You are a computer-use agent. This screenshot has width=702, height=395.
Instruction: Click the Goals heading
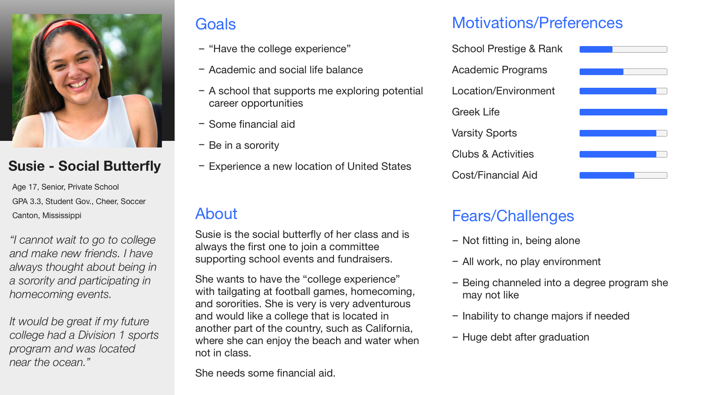[x=215, y=25]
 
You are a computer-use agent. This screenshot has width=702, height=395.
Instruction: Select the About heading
[x=216, y=214]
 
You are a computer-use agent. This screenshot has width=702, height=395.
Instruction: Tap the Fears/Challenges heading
[x=513, y=216]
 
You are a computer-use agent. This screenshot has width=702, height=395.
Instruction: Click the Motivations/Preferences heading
[x=537, y=23]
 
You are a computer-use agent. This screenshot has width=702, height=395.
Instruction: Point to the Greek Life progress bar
[x=623, y=112]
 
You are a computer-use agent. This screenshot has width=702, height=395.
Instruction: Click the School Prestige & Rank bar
[x=623, y=49]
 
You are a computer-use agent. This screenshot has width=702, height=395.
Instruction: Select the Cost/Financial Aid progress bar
[x=623, y=175]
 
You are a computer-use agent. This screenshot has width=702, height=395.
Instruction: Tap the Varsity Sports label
[x=484, y=133]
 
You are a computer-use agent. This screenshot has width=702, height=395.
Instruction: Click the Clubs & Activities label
[x=493, y=154]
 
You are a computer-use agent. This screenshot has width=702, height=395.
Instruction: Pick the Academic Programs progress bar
[x=623, y=72]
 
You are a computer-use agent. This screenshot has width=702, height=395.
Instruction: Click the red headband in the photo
[x=71, y=27]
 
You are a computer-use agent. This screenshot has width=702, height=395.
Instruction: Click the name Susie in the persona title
[x=27, y=166]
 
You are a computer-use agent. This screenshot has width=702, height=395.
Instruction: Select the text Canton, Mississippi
[x=47, y=215]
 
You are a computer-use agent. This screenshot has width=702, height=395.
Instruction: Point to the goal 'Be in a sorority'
[x=244, y=145]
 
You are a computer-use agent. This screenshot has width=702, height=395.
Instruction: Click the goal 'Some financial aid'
[x=252, y=124]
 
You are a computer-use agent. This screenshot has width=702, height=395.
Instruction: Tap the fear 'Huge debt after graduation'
[x=526, y=338]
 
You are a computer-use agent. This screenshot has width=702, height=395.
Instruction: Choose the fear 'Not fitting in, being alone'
[x=521, y=241]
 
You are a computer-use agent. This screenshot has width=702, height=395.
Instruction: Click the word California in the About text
[x=389, y=328]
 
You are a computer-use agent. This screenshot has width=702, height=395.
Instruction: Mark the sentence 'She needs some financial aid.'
[x=265, y=373]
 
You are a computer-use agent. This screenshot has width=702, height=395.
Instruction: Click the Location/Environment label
[x=503, y=91]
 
